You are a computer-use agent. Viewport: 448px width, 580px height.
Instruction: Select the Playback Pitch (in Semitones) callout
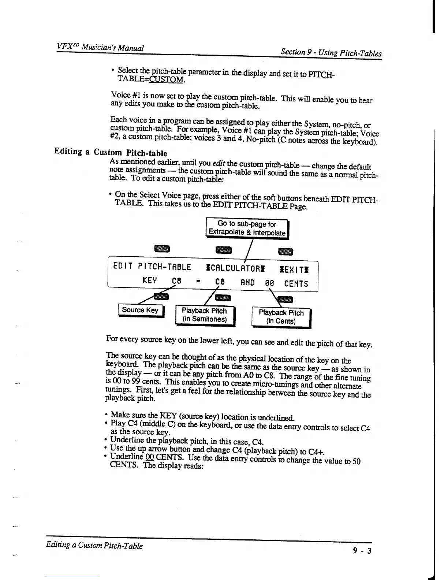[204, 315]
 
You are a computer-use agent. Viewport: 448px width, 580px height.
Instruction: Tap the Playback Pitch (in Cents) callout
[281, 317]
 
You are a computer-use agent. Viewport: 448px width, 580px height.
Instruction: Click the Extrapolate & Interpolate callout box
[247, 228]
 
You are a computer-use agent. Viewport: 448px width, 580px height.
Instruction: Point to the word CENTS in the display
[296, 283]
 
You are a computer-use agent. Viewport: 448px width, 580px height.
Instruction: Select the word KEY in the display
[150, 281]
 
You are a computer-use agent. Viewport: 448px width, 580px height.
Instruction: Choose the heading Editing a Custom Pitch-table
[111, 152]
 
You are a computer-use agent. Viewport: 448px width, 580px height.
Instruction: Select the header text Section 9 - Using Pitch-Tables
[331, 53]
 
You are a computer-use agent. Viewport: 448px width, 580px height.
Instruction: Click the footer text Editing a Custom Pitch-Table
[94, 546]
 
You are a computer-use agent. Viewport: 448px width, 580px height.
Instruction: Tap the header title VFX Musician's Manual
[100, 48]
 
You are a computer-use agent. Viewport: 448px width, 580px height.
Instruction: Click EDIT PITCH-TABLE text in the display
[152, 267]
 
